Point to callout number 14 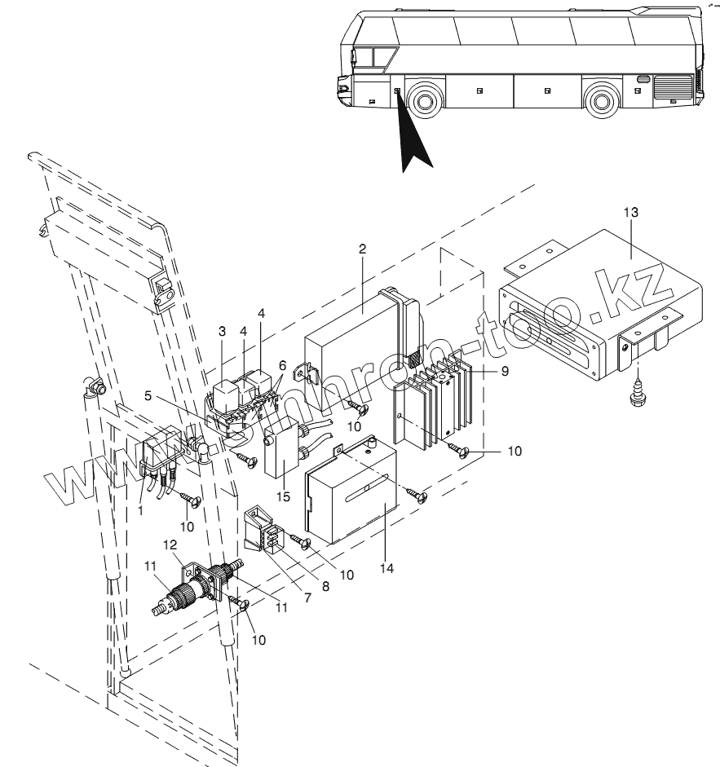click(x=387, y=567)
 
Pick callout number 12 click(x=171, y=544)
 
